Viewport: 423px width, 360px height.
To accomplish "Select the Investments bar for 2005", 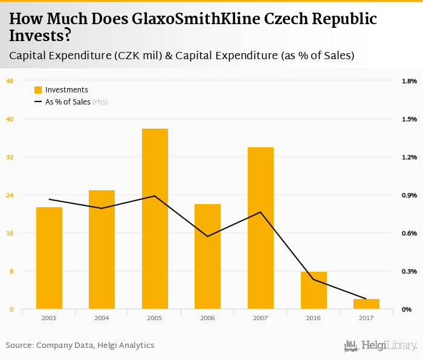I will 155,219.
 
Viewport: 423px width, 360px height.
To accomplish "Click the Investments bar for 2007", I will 260,228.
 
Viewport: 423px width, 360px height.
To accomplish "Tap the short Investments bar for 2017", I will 366,304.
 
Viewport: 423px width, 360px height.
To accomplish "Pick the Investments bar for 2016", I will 314,291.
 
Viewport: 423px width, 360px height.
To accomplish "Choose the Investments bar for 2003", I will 49,258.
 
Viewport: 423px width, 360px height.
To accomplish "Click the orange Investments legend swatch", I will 38,90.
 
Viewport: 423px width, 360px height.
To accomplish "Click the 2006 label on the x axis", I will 208,318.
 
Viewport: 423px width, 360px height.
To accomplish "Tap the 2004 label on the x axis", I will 102,318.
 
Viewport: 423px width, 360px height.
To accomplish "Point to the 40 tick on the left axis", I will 10,119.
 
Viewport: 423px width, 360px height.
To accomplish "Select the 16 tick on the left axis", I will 10,233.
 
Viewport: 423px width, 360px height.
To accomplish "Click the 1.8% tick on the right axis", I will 409,81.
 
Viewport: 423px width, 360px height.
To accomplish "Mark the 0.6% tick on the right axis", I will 409,233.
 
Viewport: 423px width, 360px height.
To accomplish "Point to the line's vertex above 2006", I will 208,236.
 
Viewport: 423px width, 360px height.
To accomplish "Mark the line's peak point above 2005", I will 155,196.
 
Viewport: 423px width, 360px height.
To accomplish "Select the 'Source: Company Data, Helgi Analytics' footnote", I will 80,346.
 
